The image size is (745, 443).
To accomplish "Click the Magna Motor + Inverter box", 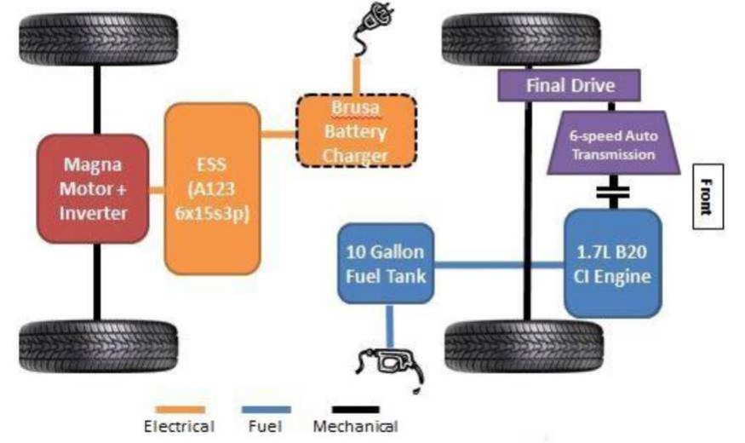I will point(92,188).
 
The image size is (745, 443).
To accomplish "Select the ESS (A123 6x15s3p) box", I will point(211,188).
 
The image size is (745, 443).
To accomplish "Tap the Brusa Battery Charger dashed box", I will point(356,132).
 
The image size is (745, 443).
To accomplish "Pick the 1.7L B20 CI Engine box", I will point(612,263).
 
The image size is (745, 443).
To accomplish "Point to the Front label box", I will point(706,197).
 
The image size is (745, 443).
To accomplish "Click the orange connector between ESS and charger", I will point(277,134).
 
